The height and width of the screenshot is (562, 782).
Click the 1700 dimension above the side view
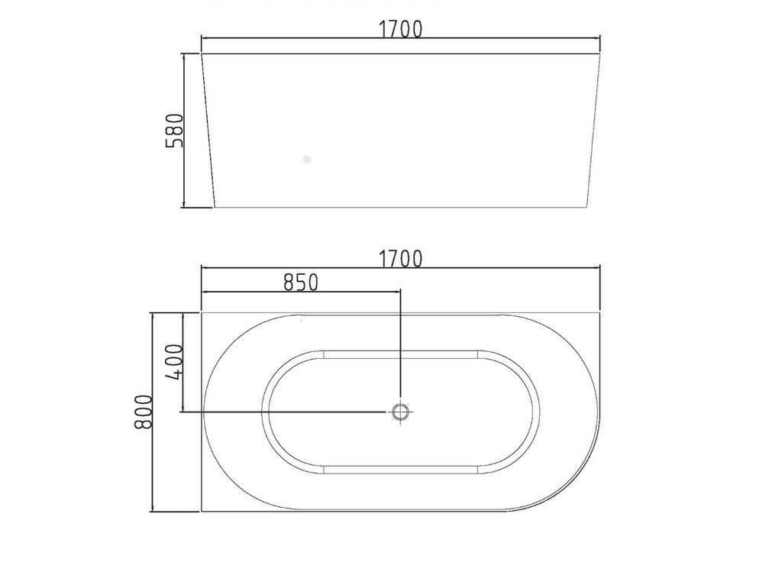click(x=400, y=29)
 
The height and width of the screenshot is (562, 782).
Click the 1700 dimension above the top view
click(x=400, y=259)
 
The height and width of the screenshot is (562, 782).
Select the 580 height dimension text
click(x=175, y=130)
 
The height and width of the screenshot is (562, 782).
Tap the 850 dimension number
click(x=300, y=282)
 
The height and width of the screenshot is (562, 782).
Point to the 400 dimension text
click(x=175, y=362)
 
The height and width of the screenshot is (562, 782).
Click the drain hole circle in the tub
click(x=401, y=412)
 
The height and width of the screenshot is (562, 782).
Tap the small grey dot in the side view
click(x=306, y=160)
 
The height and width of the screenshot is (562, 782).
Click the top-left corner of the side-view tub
click(x=202, y=54)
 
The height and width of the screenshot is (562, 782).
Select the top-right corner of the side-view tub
click(x=600, y=54)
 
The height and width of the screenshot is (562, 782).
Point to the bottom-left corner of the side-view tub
click(x=215, y=207)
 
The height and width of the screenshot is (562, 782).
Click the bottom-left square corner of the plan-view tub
click(x=202, y=511)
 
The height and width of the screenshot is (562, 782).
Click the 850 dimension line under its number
click(x=300, y=292)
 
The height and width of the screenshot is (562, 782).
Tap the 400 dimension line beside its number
click(x=183, y=362)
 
